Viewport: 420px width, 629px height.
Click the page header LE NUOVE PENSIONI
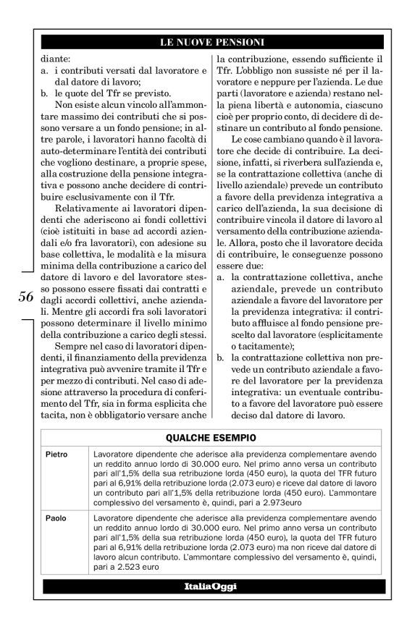click(x=211, y=43)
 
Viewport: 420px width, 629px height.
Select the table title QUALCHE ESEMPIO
click(x=210, y=437)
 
